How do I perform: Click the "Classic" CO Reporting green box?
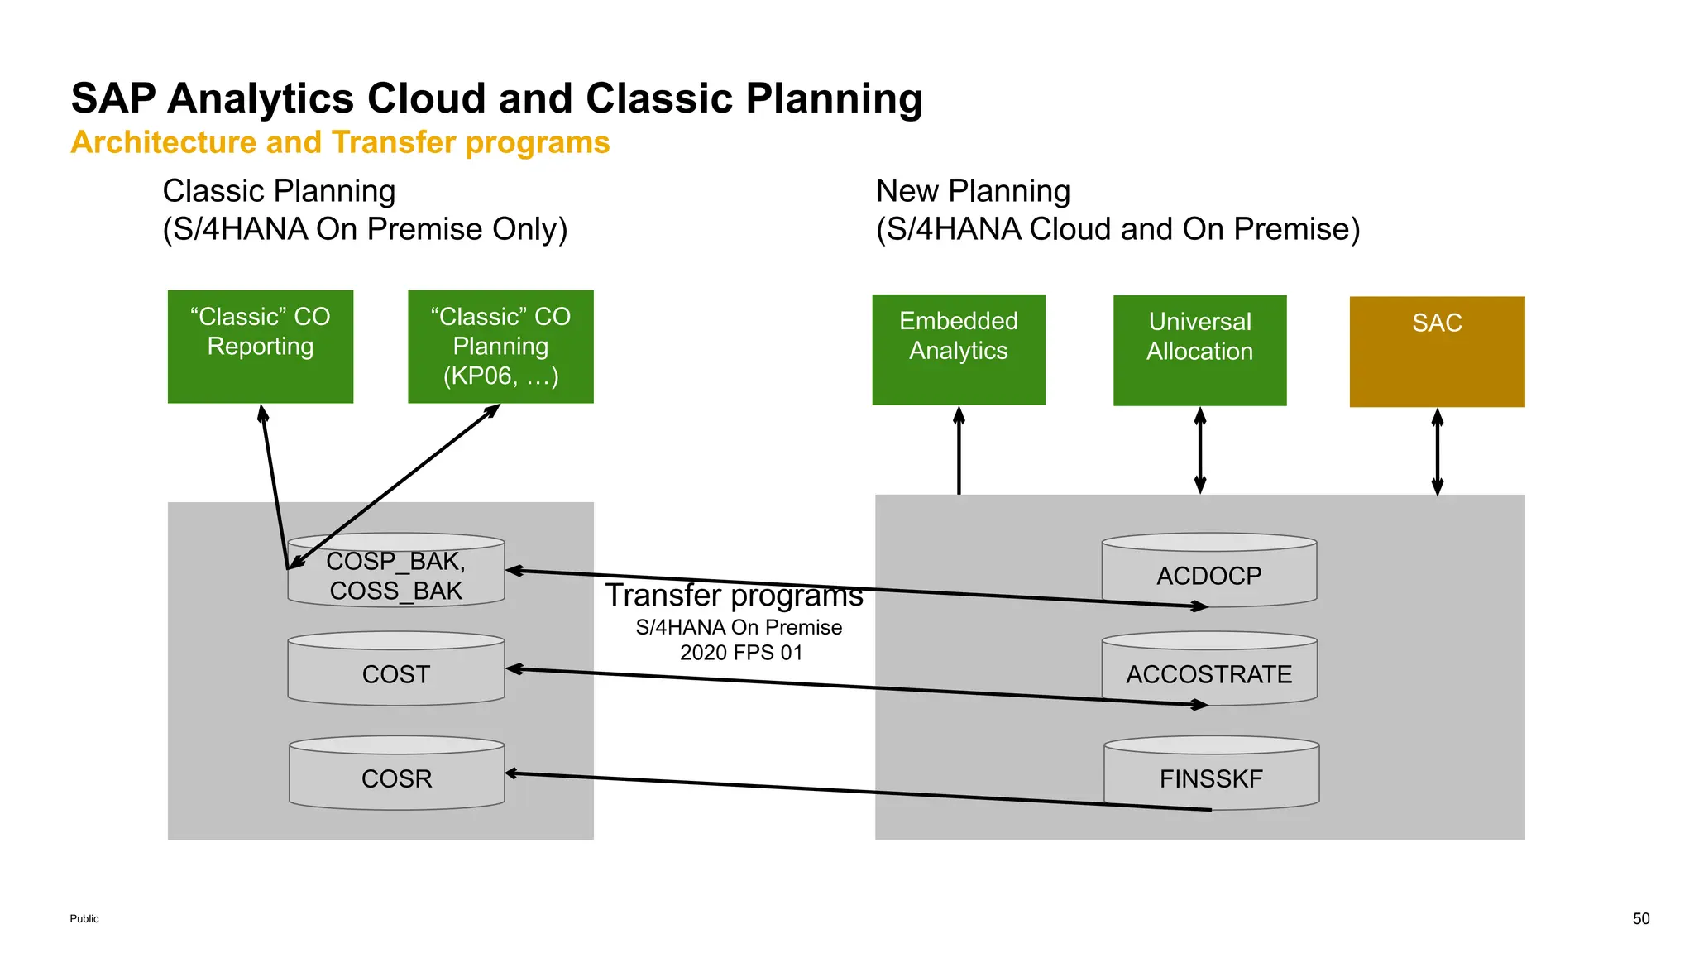[x=260, y=347]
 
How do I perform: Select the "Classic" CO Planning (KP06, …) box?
[x=500, y=347]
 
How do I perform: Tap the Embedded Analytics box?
[x=958, y=349]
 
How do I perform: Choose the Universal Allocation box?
[x=1199, y=350]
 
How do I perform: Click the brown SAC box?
[x=1437, y=352]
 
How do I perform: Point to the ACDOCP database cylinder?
[x=1208, y=571]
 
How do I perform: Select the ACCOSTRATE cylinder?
[x=1208, y=669]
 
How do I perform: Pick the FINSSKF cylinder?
[x=1211, y=773]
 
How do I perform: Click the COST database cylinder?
[x=395, y=669]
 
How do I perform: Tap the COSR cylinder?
[x=396, y=773]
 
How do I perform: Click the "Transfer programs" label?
[x=734, y=596]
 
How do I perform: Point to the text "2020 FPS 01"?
[x=741, y=653]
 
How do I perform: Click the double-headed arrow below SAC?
[x=1437, y=452]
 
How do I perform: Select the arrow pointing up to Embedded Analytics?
[x=959, y=451]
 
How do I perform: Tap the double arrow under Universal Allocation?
[x=1199, y=451]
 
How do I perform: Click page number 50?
[x=1640, y=918]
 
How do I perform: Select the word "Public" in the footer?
[x=84, y=918]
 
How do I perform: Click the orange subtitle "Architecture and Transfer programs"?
[x=340, y=142]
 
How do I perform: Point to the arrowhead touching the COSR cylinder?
[x=512, y=773]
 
